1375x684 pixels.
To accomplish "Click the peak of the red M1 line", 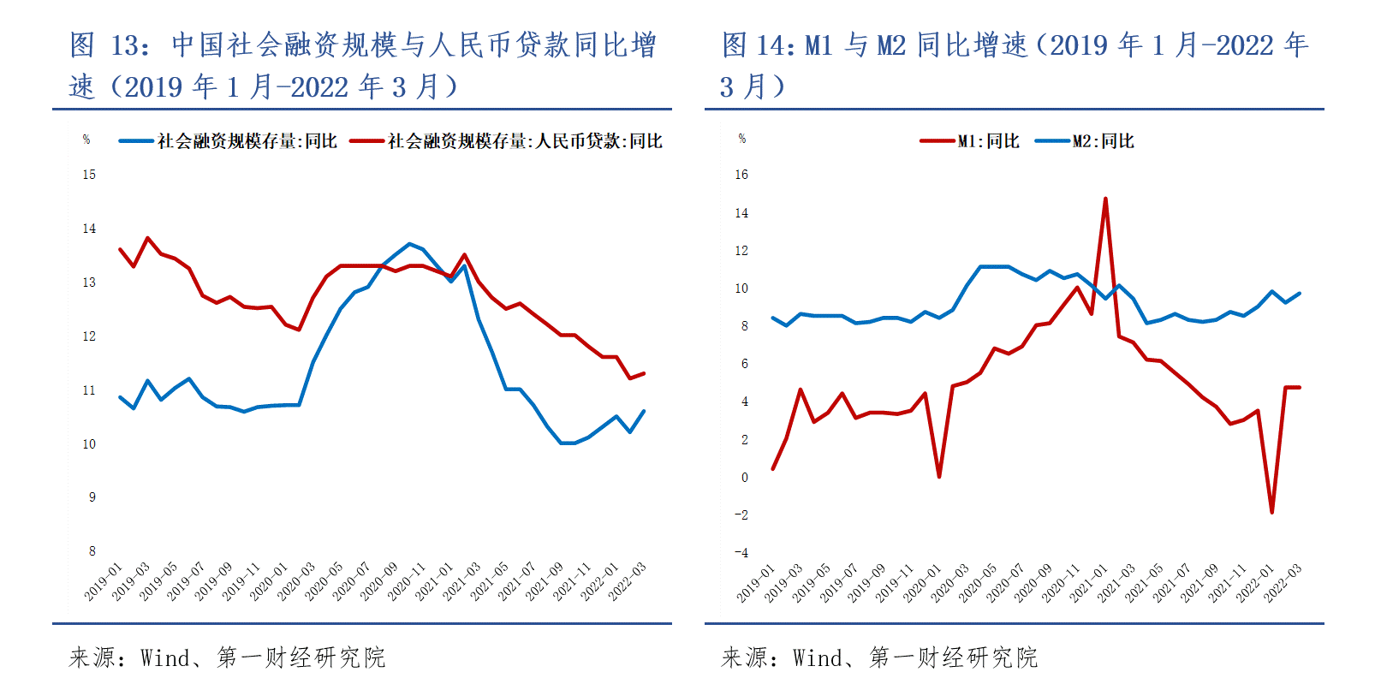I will pyautogui.click(x=1105, y=199).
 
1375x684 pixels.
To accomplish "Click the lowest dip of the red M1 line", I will pyautogui.click(x=1272, y=512).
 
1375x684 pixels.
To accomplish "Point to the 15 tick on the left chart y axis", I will pyautogui.click(x=89, y=175).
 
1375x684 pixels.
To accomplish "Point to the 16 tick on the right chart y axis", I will pyautogui.click(x=741, y=175).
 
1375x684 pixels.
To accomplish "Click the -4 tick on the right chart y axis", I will pyautogui.click(x=741, y=552).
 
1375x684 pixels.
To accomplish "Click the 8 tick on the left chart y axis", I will pyautogui.click(x=92, y=550).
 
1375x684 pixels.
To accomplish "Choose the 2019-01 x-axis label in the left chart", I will pyautogui.click(x=104, y=581).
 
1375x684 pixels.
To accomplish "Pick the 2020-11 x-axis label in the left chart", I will pyautogui.click(x=407, y=581).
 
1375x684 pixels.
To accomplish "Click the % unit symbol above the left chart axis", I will pyautogui.click(x=86, y=140).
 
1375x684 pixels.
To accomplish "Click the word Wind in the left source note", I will pyautogui.click(x=164, y=657).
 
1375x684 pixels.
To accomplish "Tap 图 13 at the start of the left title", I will pyautogui.click(x=108, y=45).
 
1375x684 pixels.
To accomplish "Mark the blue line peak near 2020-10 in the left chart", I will pyautogui.click(x=409, y=244).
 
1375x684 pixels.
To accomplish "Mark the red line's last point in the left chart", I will pyautogui.click(x=644, y=373).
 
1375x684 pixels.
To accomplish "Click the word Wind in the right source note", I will pyautogui.click(x=817, y=657).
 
